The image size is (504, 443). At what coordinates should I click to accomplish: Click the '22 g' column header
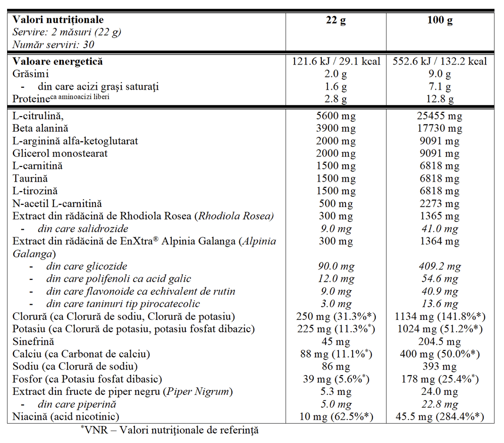tap(336, 21)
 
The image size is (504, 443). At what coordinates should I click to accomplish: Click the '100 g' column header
tap(440, 21)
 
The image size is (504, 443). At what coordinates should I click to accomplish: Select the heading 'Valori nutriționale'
tap(58, 20)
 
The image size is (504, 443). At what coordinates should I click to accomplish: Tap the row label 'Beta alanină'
tap(41, 128)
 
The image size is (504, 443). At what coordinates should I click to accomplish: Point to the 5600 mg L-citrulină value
tap(336, 116)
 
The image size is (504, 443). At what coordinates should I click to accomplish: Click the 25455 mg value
tap(440, 116)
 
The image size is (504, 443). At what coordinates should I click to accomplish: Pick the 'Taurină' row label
tap(30, 178)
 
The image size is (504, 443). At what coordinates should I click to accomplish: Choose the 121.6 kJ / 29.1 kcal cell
tap(336, 61)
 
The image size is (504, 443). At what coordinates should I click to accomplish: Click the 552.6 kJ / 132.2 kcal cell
tap(440, 61)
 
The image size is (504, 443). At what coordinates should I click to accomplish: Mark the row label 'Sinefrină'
tap(34, 342)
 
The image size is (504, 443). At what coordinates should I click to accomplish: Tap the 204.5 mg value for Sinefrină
tap(440, 342)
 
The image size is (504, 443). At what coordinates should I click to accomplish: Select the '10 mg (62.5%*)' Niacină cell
tap(336, 417)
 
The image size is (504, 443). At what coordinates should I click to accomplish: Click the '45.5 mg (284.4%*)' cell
tap(440, 417)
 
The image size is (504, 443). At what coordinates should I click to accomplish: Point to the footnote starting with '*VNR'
tap(169, 430)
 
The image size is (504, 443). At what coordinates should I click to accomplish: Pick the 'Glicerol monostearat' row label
tap(60, 153)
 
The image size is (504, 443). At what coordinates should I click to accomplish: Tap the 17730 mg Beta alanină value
tap(440, 128)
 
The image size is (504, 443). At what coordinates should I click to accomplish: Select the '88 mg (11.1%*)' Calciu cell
tap(336, 354)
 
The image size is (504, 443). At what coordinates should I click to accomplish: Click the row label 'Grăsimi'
tap(31, 74)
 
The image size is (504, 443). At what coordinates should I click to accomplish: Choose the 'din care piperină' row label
tap(76, 404)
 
